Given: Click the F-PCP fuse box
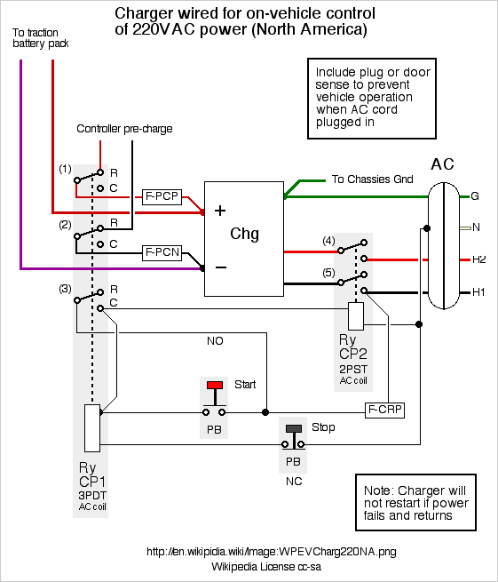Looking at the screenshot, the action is click(x=162, y=196).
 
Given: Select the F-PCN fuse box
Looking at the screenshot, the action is click(x=162, y=252).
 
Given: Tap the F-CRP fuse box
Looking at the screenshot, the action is click(x=384, y=410).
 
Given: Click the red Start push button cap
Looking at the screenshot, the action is click(x=215, y=385).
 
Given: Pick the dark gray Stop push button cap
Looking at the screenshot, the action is click(x=294, y=428).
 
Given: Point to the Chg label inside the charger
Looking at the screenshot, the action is click(x=244, y=235).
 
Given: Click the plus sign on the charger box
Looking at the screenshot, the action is click(x=220, y=211).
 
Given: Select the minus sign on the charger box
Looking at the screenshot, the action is click(x=221, y=267).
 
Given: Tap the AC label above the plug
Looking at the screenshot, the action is click(x=442, y=164).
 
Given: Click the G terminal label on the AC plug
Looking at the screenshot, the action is click(x=475, y=196).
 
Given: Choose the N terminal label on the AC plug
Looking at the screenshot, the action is click(x=476, y=227).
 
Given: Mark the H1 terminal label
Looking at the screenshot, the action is click(x=478, y=292).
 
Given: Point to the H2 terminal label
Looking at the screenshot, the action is click(x=478, y=259).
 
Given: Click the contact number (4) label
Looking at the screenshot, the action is click(x=328, y=241).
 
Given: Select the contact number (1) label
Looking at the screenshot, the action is click(x=65, y=169).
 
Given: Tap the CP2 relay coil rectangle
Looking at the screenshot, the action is click(x=356, y=316).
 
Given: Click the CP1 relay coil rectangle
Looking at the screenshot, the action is click(x=92, y=428).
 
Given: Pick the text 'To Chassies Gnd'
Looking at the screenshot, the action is click(x=372, y=179).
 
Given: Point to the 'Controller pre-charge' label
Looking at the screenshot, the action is click(x=124, y=129).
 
